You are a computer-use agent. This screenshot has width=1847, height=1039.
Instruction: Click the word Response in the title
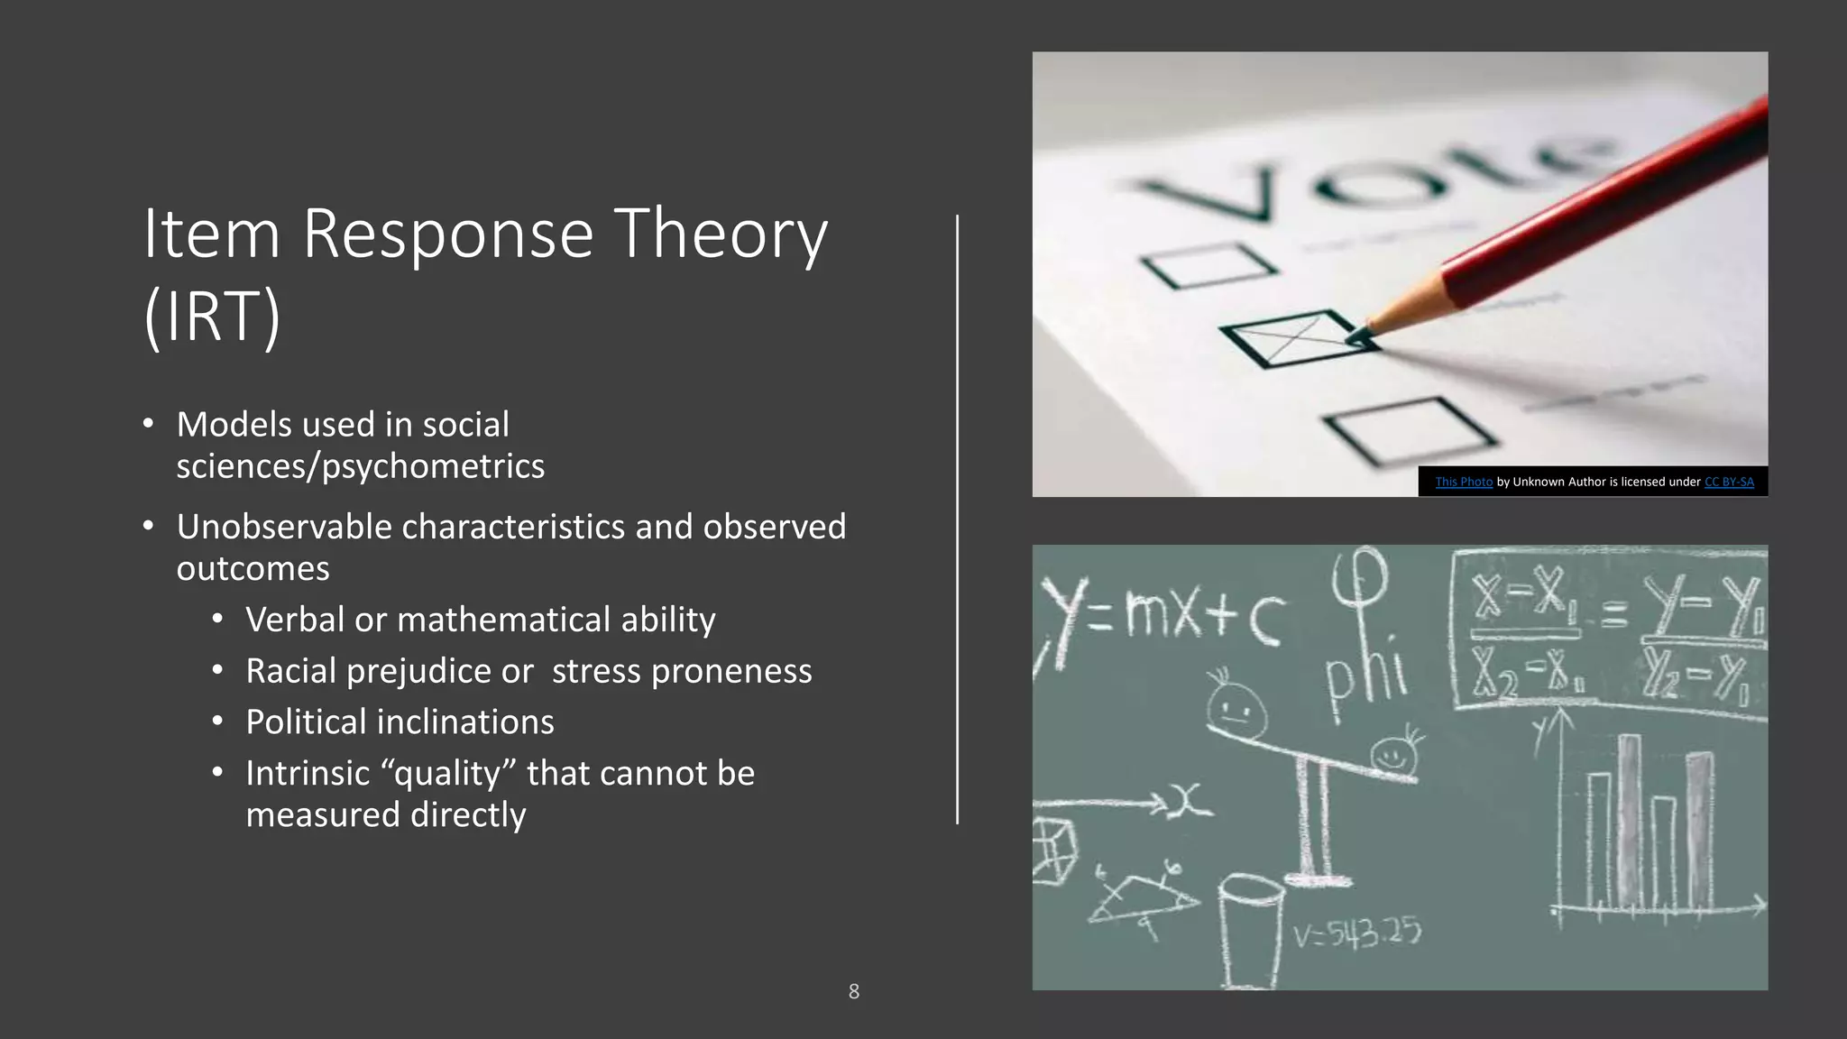tap(447, 234)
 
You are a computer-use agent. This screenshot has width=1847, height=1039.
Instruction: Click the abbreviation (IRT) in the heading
tap(213, 316)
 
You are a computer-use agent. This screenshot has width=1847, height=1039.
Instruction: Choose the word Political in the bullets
tap(305, 722)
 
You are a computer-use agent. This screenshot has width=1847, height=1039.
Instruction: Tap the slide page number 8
tap(854, 991)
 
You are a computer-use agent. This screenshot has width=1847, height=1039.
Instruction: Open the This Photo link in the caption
tap(1463, 482)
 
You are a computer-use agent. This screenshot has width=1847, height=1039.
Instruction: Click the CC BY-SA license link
tap(1729, 482)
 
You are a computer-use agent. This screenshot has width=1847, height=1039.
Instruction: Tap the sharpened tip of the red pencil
tap(1362, 336)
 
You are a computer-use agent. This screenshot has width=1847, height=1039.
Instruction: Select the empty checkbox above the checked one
tap(1208, 265)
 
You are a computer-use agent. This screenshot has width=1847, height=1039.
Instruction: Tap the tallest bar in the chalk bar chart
tap(1628, 821)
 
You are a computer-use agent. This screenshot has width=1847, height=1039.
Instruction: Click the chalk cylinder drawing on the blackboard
tap(1251, 929)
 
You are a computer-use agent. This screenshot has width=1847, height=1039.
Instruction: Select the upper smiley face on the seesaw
tap(1236, 708)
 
